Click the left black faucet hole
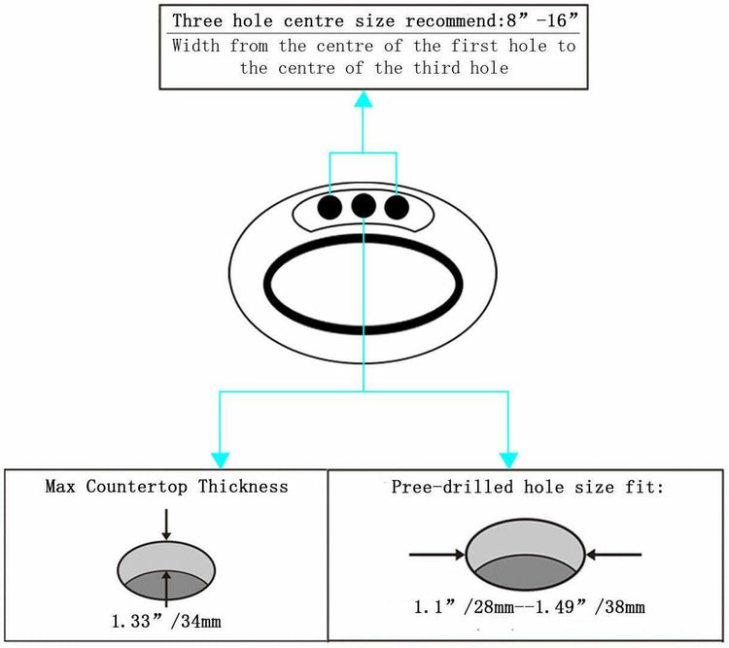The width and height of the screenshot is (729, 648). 330,206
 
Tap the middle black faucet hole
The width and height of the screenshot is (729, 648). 364,205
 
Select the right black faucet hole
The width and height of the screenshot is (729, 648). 397,206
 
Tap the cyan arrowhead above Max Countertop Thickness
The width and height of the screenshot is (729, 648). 221,456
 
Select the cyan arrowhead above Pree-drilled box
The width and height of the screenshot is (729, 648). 507,456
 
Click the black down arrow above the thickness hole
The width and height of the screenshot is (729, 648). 167,526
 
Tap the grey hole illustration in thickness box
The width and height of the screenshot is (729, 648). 167,569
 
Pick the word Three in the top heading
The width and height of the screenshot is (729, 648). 197,20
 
